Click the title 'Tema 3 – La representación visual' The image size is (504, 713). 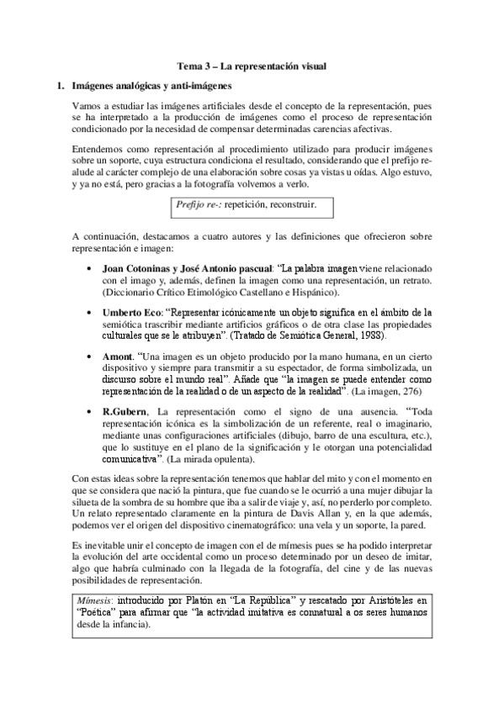coord(252,65)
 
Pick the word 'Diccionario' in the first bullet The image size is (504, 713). coord(130,291)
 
